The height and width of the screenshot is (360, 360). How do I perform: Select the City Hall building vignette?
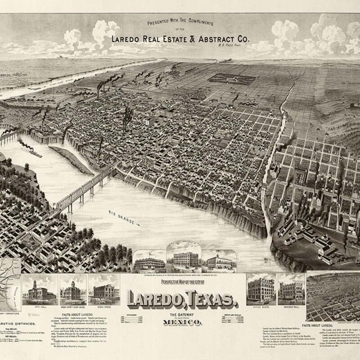coord(41,292)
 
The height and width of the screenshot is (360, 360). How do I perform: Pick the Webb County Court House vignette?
coord(73,292)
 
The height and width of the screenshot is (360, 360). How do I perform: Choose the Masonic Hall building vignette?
coord(291,291)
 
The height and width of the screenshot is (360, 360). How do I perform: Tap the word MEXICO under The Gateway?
coord(179,321)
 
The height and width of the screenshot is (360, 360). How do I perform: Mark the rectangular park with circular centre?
coord(232,79)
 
